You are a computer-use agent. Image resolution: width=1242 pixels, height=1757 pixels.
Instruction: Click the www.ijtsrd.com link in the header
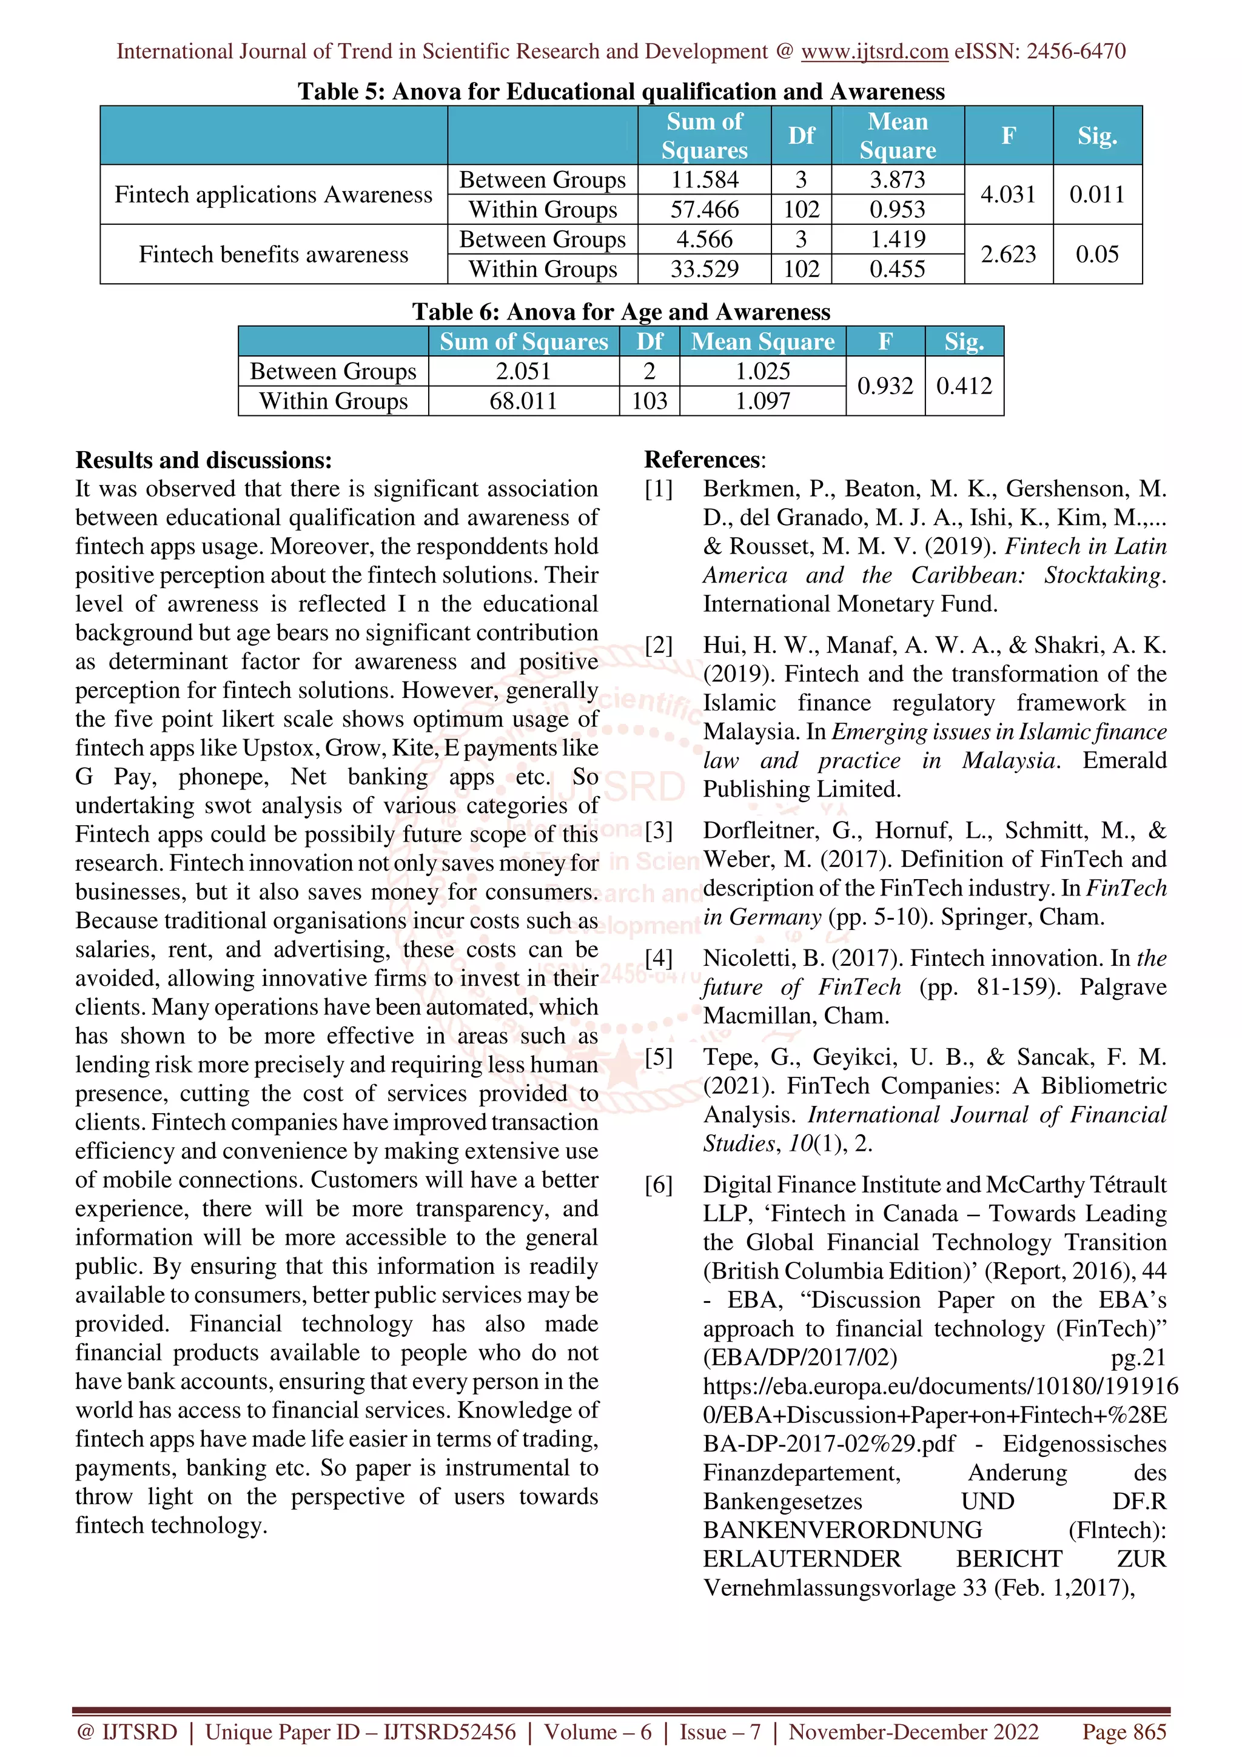pyautogui.click(x=874, y=52)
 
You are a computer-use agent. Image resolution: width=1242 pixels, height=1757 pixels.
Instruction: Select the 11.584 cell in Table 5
pyautogui.click(x=704, y=180)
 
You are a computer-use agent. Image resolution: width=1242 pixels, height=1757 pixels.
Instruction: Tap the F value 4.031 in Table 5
pyautogui.click(x=1008, y=195)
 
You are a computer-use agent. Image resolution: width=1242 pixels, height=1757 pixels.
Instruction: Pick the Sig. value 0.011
pyautogui.click(x=1096, y=195)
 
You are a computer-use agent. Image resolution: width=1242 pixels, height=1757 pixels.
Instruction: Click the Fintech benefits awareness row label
pyautogui.click(x=273, y=254)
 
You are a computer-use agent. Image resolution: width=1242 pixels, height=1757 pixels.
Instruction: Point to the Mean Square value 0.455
pyautogui.click(x=897, y=269)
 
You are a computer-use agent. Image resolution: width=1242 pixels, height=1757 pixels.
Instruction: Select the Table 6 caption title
pyautogui.click(x=620, y=312)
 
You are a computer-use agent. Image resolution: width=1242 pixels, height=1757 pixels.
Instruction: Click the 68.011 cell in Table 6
pyautogui.click(x=523, y=401)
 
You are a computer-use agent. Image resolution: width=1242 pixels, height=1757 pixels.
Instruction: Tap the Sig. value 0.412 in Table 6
pyautogui.click(x=964, y=386)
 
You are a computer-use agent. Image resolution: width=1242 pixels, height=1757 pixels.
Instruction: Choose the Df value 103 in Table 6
pyautogui.click(x=649, y=401)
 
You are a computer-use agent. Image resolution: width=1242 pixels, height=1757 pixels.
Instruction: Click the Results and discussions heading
pyautogui.click(x=204, y=460)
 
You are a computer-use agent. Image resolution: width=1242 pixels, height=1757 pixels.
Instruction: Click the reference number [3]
pyautogui.click(x=658, y=830)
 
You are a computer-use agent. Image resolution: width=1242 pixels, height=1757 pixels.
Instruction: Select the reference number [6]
pyautogui.click(x=658, y=1185)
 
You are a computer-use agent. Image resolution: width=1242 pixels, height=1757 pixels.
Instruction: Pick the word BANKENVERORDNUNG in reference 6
pyautogui.click(x=842, y=1530)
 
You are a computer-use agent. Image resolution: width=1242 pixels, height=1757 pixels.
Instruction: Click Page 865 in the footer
pyautogui.click(x=1123, y=1732)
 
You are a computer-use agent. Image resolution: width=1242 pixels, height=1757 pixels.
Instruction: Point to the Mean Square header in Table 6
pyautogui.click(x=762, y=341)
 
